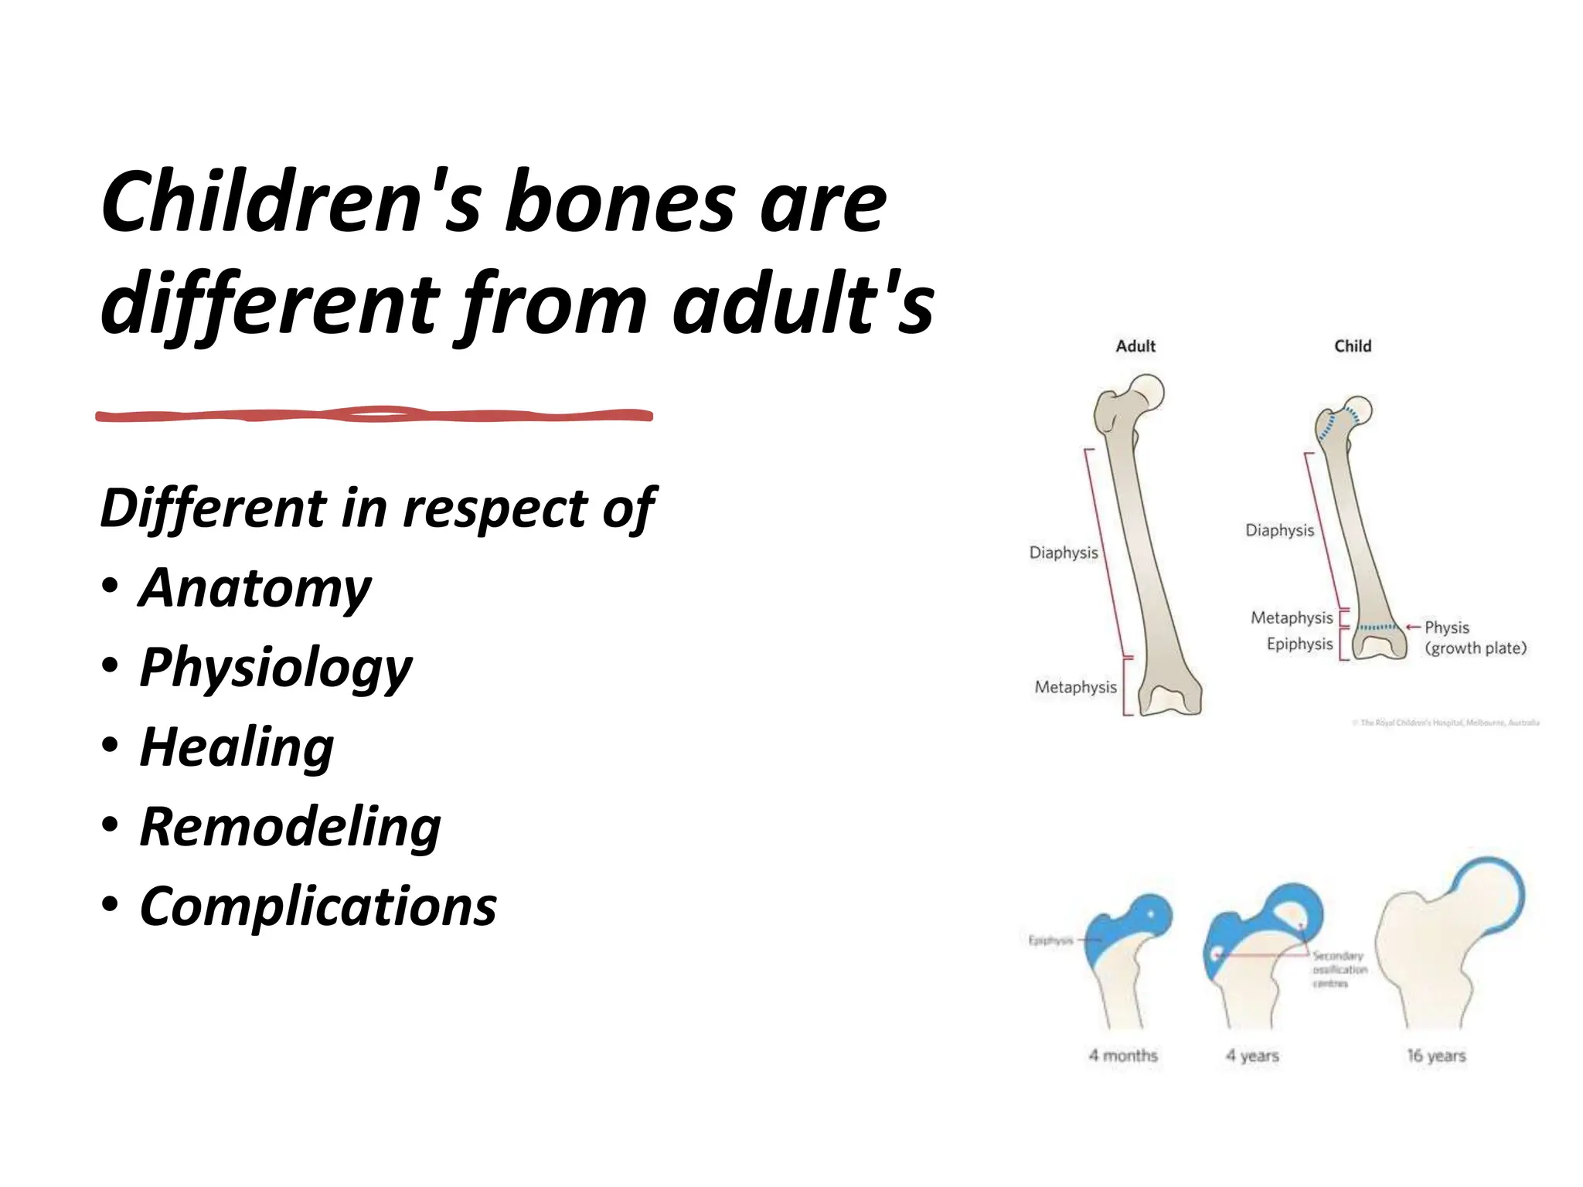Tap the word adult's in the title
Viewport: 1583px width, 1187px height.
(x=804, y=304)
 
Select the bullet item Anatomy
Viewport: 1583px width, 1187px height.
(x=255, y=589)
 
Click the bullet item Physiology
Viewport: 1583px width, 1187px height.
(x=276, y=668)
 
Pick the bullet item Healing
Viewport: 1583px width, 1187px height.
(x=237, y=747)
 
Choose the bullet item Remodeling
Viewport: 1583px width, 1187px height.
(x=290, y=827)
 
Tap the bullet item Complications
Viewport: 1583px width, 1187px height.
(x=318, y=906)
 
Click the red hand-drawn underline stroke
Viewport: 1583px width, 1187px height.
(x=374, y=416)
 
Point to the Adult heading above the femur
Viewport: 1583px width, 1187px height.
(x=1135, y=346)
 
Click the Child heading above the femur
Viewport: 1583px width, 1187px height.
(x=1353, y=346)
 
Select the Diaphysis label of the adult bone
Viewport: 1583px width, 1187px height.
(x=1063, y=553)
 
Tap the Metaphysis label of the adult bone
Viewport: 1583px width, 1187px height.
(x=1075, y=687)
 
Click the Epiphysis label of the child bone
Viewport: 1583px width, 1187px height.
(x=1299, y=644)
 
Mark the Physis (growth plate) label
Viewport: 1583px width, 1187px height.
(x=1475, y=638)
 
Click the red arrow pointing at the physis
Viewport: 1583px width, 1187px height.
(x=1414, y=627)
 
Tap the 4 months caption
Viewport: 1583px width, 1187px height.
(x=1123, y=1056)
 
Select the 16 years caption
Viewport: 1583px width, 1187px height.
(x=1436, y=1056)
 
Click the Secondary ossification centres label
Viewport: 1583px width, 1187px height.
(x=1340, y=970)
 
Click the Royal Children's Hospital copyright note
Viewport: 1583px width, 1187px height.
(x=1447, y=723)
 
